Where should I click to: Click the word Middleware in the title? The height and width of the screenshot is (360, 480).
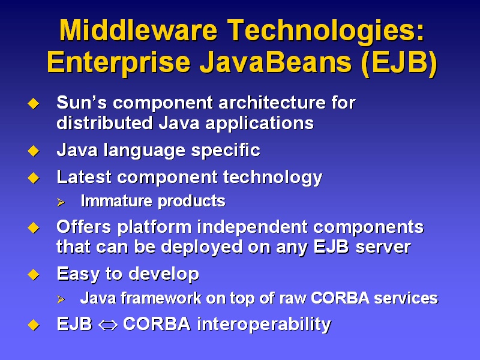pyautogui.click(x=138, y=30)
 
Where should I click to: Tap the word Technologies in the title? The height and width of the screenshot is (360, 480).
pyautogui.click(x=326, y=32)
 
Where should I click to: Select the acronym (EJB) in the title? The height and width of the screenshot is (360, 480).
pyautogui.click(x=399, y=63)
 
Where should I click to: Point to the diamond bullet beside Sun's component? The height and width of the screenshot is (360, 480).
pyautogui.click(x=34, y=103)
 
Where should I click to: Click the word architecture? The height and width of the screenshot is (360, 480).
pyautogui.click(x=272, y=102)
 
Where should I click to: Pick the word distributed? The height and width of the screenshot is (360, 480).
pyautogui.click(x=104, y=123)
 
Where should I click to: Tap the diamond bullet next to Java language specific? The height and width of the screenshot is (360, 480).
pyautogui.click(x=34, y=151)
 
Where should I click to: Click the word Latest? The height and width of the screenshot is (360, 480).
pyautogui.click(x=84, y=177)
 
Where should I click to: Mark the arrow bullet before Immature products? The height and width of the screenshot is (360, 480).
pyautogui.click(x=61, y=202)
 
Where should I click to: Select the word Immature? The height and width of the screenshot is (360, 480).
pyautogui.click(x=116, y=201)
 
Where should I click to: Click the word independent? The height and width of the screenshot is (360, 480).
pyautogui.click(x=252, y=227)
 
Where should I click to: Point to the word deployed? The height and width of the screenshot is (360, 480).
pyautogui.click(x=202, y=247)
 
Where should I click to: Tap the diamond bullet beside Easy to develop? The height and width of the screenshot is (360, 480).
pyautogui.click(x=34, y=275)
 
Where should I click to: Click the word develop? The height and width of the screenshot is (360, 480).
pyautogui.click(x=164, y=274)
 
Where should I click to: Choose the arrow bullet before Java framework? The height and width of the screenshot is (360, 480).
pyautogui.click(x=61, y=299)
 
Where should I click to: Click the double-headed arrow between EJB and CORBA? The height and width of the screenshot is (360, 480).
pyautogui.click(x=108, y=325)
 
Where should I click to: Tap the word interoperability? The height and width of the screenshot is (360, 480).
pyautogui.click(x=264, y=324)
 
